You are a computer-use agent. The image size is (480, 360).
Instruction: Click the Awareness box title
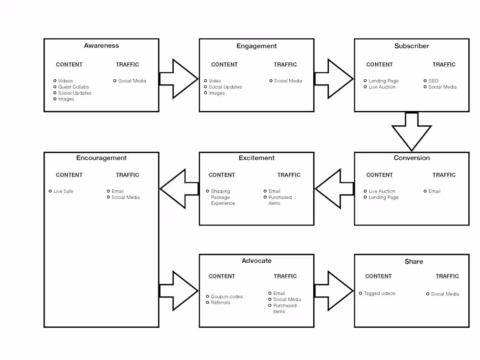click(x=101, y=46)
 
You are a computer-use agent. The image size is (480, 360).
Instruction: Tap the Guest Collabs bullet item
click(x=73, y=87)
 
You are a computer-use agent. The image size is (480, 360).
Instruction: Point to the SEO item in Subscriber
click(x=433, y=81)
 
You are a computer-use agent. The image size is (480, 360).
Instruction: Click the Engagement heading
click(x=257, y=46)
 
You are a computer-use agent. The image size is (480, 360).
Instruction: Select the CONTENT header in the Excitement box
click(x=222, y=175)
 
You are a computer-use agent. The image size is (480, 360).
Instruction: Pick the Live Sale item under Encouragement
click(x=63, y=191)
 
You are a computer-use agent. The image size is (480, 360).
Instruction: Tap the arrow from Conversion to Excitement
click(x=334, y=189)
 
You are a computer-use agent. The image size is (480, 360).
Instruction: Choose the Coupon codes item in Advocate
click(x=226, y=297)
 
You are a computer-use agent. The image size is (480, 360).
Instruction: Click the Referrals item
click(x=220, y=302)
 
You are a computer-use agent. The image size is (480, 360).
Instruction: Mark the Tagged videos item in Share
click(x=379, y=294)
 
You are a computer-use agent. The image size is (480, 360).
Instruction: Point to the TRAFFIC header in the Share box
click(x=447, y=276)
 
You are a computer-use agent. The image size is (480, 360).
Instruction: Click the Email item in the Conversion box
click(x=434, y=191)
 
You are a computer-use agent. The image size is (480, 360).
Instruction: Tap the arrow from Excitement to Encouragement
click(x=179, y=189)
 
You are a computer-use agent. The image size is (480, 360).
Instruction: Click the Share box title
click(x=413, y=262)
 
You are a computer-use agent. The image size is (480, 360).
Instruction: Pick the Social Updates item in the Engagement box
click(x=225, y=87)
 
